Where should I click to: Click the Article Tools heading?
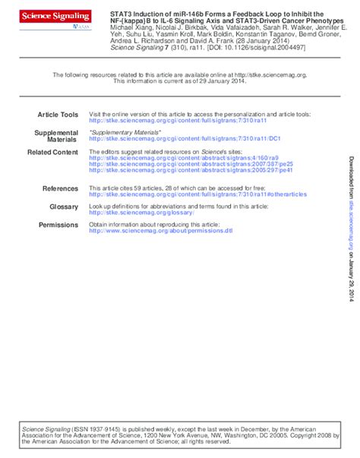[x=58, y=114]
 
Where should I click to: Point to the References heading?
[x=60, y=188]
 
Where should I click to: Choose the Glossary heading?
[x=64, y=207]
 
